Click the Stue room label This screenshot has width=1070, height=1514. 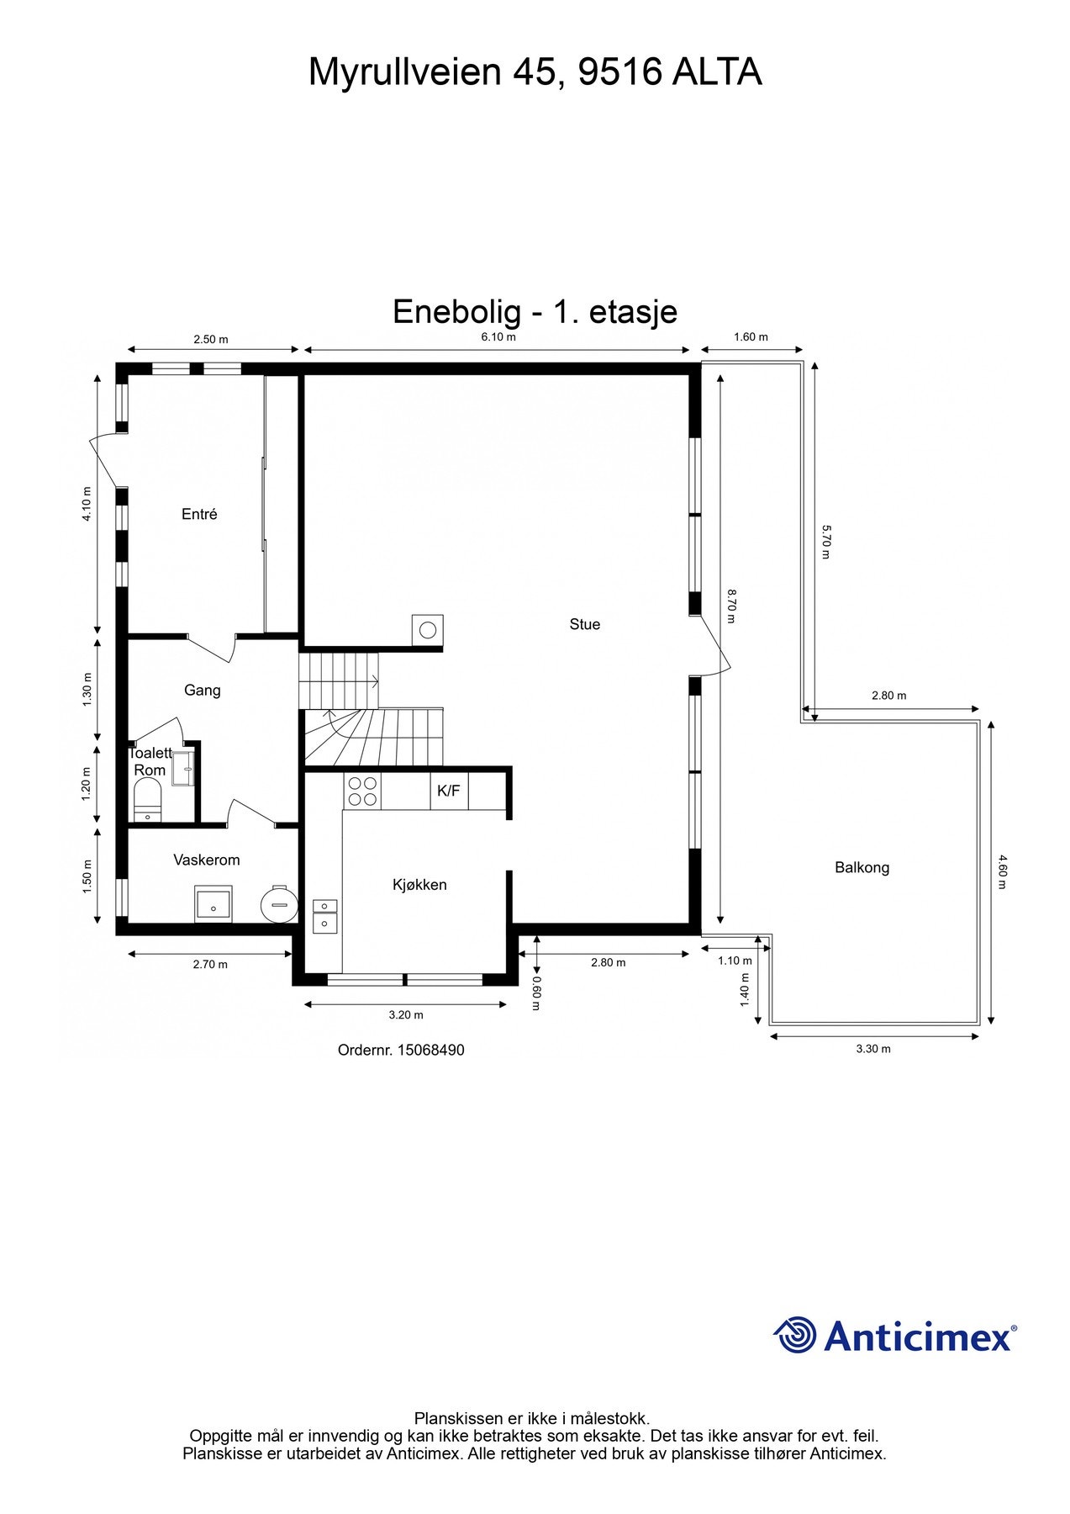tap(584, 624)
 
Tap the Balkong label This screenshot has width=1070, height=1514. tap(862, 867)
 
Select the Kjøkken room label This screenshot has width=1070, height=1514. tap(419, 885)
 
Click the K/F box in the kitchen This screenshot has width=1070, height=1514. tap(449, 791)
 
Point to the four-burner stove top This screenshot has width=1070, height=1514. tap(362, 791)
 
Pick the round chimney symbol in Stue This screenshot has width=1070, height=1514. tap(428, 628)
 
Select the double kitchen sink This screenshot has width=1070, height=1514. tap(324, 915)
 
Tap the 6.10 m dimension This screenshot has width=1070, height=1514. tap(498, 337)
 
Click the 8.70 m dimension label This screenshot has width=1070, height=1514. tap(732, 606)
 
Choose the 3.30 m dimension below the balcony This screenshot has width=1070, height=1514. tap(873, 1049)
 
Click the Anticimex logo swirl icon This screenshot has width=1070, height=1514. tap(795, 1336)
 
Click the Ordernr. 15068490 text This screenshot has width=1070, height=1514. tap(401, 1050)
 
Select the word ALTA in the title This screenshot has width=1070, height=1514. tap(716, 72)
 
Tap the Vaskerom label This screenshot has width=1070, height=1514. tap(207, 860)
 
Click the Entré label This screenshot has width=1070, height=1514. tap(199, 514)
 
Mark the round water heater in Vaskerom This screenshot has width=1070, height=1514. tap(279, 904)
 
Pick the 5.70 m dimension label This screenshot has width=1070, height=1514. tap(825, 543)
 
